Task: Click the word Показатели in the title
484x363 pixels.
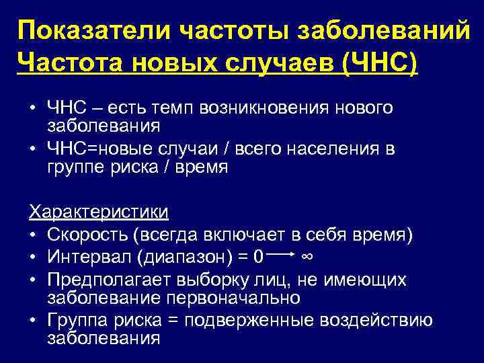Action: [87, 30]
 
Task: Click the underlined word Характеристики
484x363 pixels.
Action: [98, 212]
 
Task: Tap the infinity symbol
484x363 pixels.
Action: [306, 256]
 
